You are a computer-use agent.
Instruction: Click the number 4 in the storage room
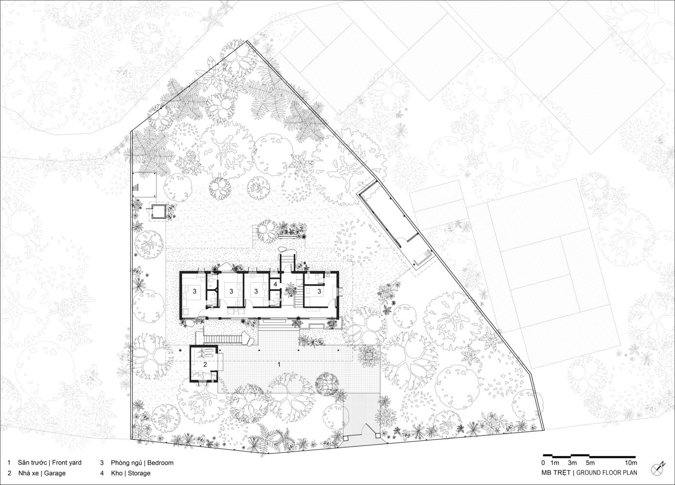(275, 284)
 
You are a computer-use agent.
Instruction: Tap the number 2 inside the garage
(205, 365)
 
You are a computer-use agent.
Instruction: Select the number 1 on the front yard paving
(279, 364)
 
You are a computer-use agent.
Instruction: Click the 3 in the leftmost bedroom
(195, 291)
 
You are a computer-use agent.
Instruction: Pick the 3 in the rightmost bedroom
(319, 291)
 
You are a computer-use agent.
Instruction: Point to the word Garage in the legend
(55, 473)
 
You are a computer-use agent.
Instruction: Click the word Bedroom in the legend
(160, 463)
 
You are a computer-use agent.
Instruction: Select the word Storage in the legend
(139, 473)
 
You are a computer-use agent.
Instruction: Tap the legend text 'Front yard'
(67, 463)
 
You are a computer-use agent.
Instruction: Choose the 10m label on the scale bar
(630, 463)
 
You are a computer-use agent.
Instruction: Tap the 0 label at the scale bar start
(543, 463)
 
